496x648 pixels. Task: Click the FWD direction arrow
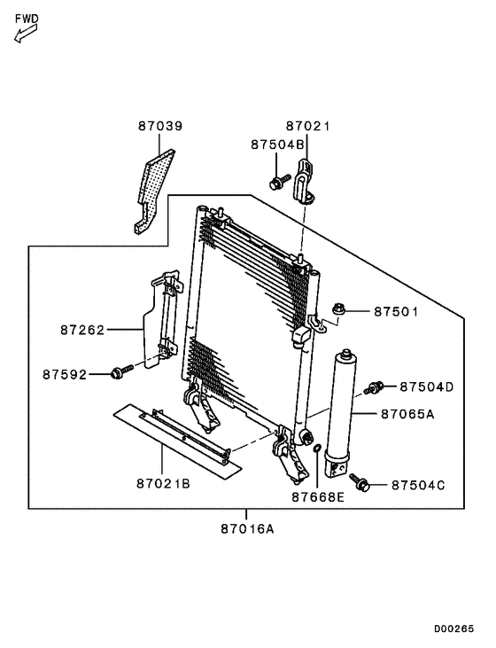24,35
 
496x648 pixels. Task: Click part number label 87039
159,127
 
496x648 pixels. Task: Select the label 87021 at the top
307,127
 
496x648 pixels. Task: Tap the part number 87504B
276,144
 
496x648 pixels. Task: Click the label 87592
65,374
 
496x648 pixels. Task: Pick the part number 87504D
426,386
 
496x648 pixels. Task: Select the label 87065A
407,413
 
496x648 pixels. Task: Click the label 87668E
317,497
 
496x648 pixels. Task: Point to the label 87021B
164,483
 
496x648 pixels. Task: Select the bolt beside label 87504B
278,183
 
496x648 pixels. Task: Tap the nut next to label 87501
339,309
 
